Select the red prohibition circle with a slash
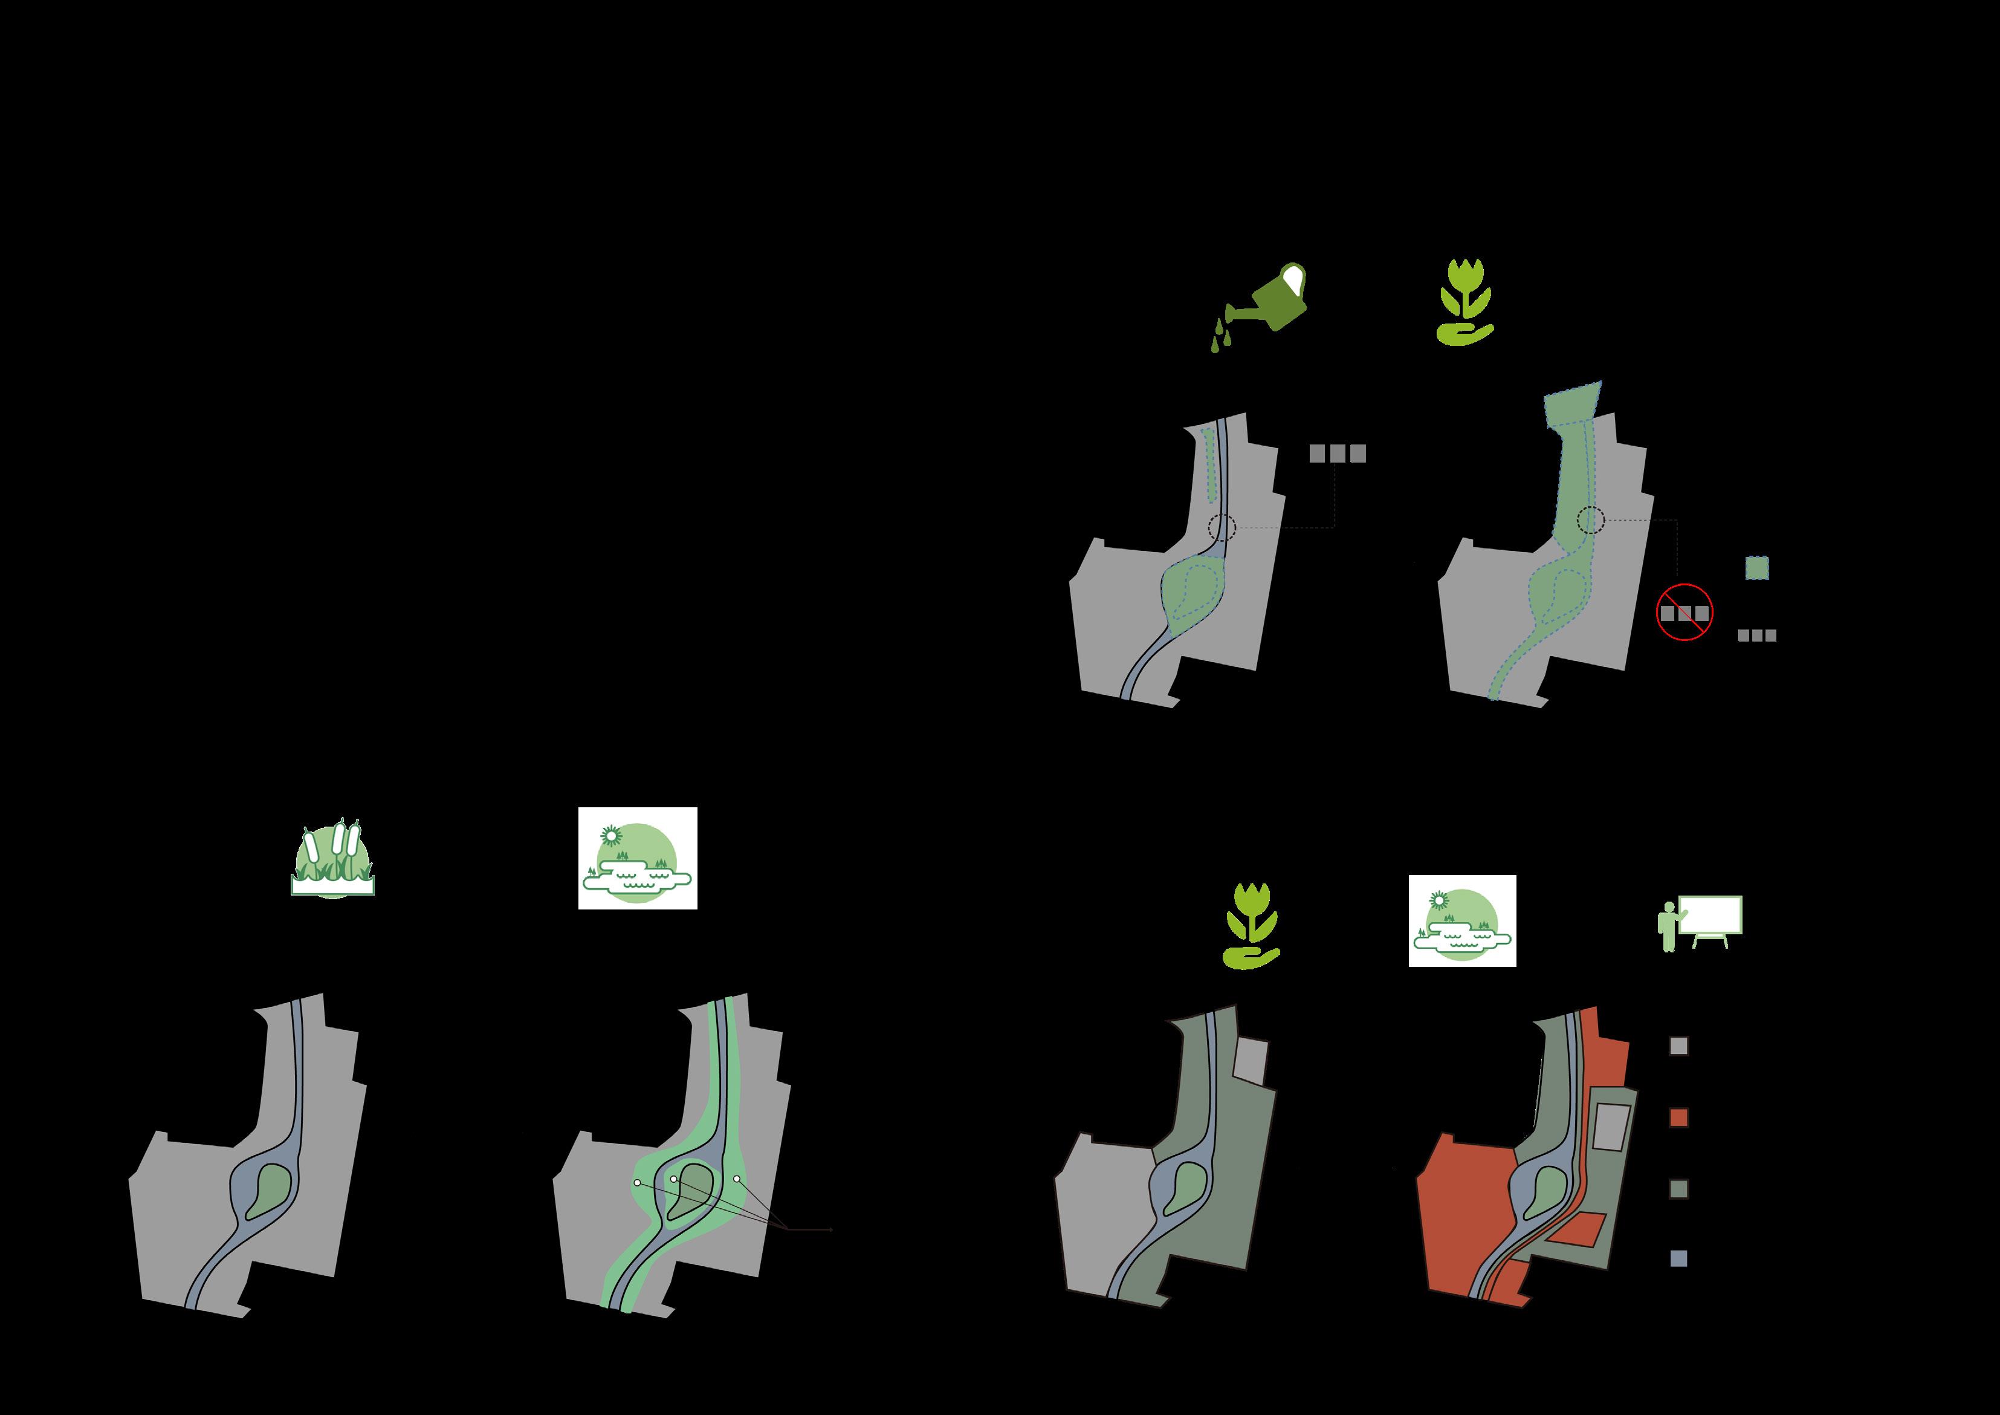pos(1684,613)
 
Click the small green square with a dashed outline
pos(1757,568)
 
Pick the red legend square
pos(1678,1118)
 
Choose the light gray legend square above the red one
pos(1678,1047)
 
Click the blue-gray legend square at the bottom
pos(1678,1258)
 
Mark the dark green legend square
pos(1678,1188)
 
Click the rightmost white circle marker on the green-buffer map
pos(737,1179)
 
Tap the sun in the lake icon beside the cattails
pos(612,834)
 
